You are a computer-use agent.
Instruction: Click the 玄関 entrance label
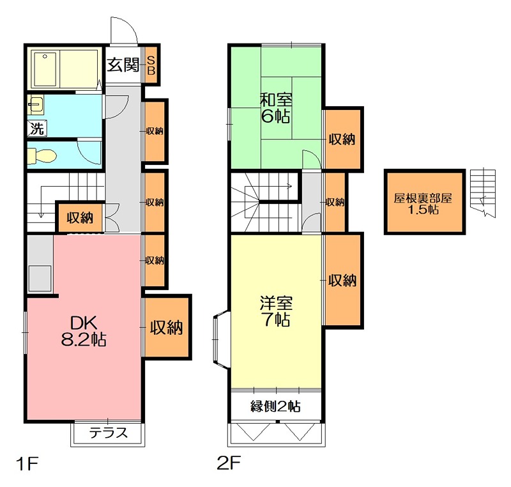(123, 65)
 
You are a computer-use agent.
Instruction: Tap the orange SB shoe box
(151, 65)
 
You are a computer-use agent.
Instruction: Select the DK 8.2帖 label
(84, 331)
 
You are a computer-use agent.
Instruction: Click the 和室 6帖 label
(276, 108)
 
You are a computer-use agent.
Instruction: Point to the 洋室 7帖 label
(276, 311)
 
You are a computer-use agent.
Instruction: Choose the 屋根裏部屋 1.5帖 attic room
(424, 201)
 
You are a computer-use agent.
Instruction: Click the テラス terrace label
(108, 433)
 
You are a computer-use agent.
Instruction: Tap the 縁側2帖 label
(275, 406)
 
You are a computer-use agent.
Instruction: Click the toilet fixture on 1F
(42, 155)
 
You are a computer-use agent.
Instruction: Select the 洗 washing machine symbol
(37, 128)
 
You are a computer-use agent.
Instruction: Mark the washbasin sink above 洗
(36, 105)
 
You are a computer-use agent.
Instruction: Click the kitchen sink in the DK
(40, 278)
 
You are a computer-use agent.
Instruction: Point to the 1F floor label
(27, 463)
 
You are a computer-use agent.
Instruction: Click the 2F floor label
(229, 463)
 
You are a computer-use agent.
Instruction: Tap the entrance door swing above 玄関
(124, 30)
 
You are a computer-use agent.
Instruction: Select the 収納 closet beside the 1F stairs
(80, 218)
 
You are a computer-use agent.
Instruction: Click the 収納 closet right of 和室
(342, 139)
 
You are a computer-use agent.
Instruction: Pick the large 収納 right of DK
(167, 327)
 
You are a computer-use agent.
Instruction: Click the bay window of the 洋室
(222, 339)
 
